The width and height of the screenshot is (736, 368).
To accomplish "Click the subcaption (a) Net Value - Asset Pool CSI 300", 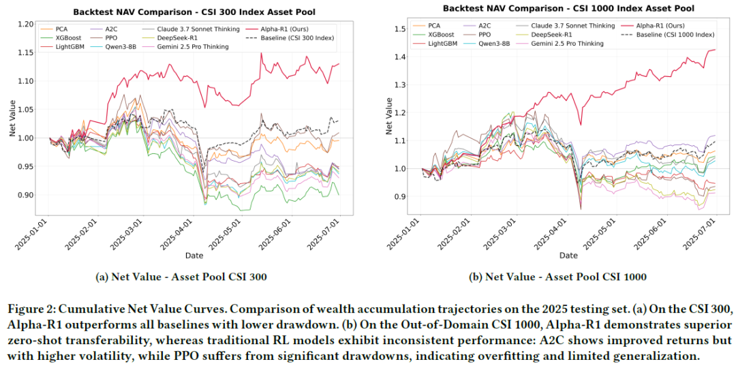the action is tap(181, 277).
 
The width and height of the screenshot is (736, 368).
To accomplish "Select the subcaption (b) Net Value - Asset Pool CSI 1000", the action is tap(557, 277).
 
